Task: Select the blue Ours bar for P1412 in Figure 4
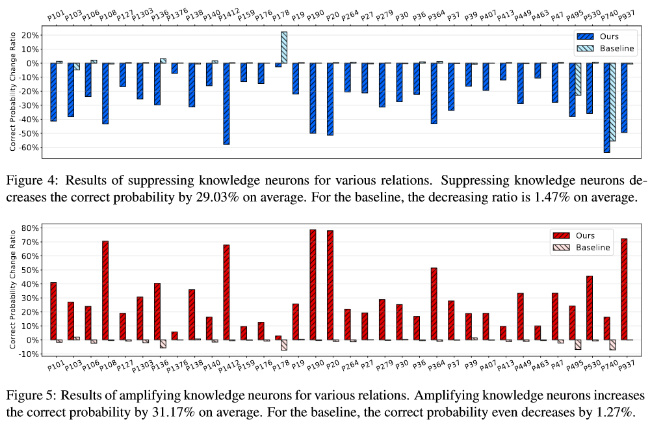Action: [x=226, y=103]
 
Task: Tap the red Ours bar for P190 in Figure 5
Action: [x=313, y=285]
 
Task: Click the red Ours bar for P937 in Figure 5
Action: [x=624, y=289]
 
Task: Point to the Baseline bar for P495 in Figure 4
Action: [x=578, y=79]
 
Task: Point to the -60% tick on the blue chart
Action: [x=27, y=148]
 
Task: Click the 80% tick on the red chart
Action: [x=30, y=229]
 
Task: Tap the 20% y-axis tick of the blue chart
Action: [x=30, y=35]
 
